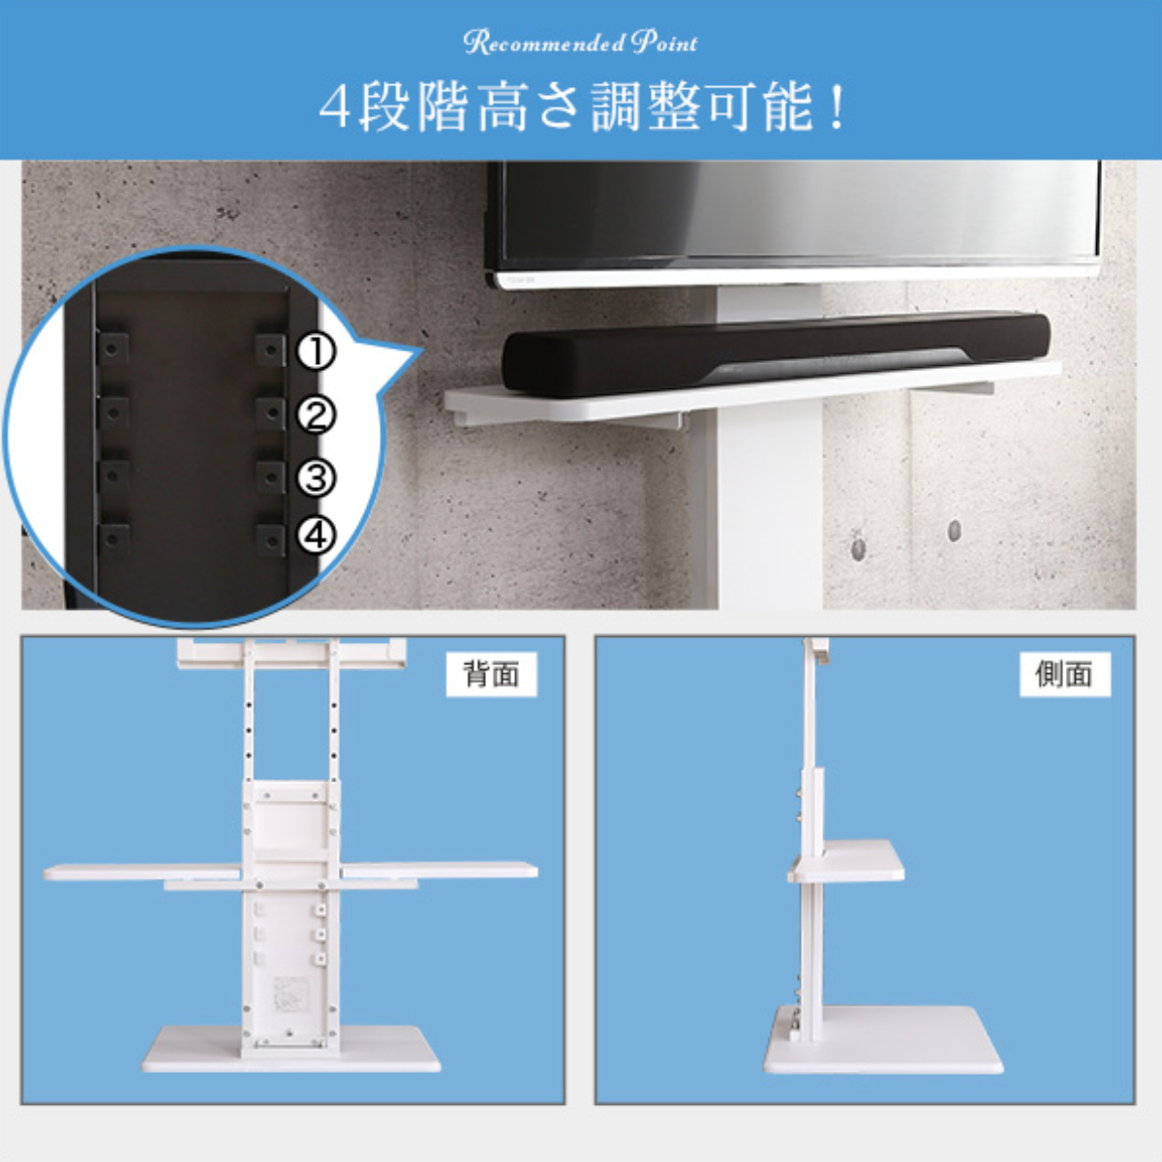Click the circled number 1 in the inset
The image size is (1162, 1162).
(315, 352)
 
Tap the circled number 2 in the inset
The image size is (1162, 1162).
(315, 415)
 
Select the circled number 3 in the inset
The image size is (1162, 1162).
(315, 477)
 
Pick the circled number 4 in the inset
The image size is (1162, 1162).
(315, 535)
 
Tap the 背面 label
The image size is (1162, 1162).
(491, 674)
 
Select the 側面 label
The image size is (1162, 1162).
(1063, 674)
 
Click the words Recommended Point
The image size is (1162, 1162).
(580, 43)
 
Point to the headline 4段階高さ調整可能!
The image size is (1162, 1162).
(582, 107)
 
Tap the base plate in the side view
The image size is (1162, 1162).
(881, 1041)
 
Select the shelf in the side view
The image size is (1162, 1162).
(848, 861)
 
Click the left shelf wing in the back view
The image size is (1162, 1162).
(140, 871)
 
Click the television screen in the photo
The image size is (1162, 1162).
(794, 213)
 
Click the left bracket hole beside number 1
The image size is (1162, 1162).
(113, 347)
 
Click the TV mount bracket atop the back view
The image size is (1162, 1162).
(290, 654)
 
